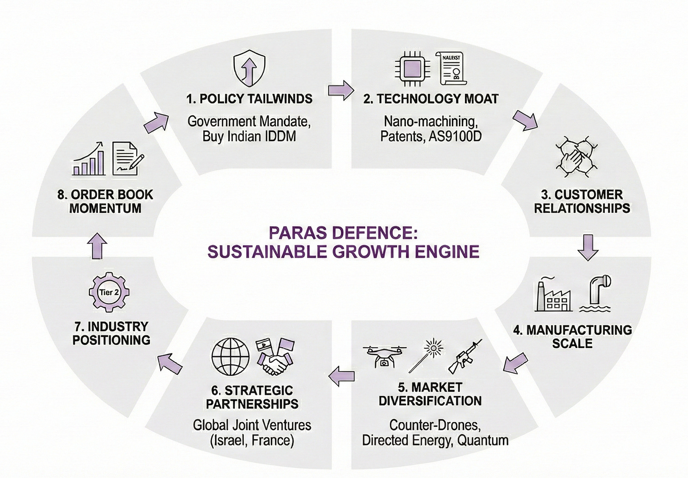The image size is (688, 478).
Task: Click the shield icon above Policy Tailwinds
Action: (x=249, y=69)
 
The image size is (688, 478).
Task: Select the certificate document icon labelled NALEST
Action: (x=452, y=69)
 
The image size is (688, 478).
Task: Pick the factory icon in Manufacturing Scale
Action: (x=552, y=295)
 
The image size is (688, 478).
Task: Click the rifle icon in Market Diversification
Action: (x=464, y=356)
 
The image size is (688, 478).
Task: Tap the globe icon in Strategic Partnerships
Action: (x=231, y=356)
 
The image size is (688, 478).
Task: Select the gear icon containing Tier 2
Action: (x=109, y=292)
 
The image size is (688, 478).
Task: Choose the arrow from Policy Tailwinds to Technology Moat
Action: (x=341, y=90)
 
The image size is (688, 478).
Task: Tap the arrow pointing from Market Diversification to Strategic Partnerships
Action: (x=341, y=376)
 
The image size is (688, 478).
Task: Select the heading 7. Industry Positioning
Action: (x=111, y=333)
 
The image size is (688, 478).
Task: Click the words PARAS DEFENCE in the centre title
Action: (x=343, y=233)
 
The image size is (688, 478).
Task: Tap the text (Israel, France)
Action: (x=252, y=440)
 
